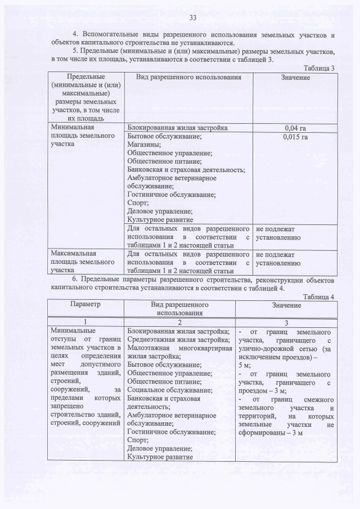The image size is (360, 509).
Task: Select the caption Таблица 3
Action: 319,68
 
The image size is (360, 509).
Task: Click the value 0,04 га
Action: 295,128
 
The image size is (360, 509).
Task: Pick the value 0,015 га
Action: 295,136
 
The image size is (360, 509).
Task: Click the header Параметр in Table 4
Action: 85,304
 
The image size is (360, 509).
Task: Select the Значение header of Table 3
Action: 295,77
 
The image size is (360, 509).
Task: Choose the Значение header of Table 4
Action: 286,305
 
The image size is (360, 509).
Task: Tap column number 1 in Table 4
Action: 85,323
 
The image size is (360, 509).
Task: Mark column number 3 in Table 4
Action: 286,323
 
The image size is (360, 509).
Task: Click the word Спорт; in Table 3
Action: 138,203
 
